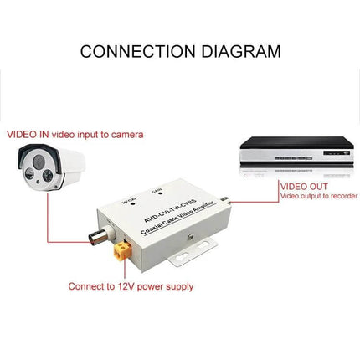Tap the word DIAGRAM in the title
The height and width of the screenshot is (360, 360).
point(238,52)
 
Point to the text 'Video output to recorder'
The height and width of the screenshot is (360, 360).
point(321,196)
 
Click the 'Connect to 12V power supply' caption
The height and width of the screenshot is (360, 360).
point(131,286)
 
